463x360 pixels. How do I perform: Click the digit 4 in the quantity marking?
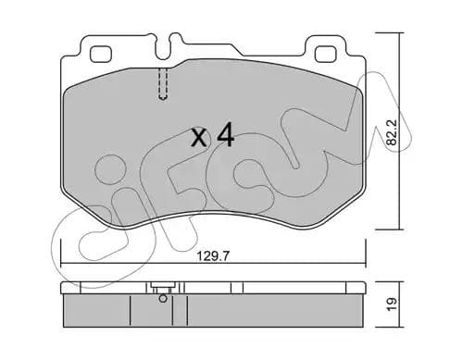(224, 138)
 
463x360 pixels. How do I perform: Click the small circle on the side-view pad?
(163, 298)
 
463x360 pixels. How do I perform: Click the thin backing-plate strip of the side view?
(213, 290)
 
